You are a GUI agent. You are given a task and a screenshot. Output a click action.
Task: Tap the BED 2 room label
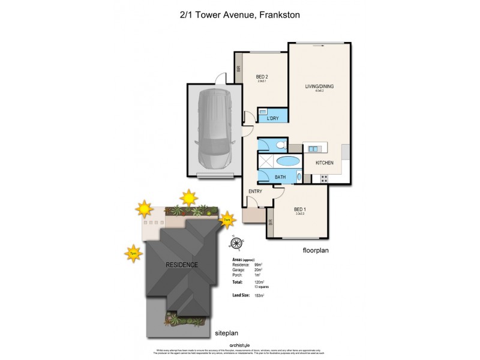pos(262,77)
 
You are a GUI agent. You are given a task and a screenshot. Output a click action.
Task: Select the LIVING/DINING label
pos(319,86)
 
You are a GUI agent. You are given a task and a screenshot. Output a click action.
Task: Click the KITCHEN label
pos(325,163)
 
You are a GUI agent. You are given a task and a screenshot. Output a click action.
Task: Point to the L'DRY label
pos(272,119)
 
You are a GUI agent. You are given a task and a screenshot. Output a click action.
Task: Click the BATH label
pos(280,177)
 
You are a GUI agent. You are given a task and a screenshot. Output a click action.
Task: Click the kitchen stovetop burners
pos(325,178)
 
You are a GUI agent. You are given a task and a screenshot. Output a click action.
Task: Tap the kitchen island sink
pos(314,148)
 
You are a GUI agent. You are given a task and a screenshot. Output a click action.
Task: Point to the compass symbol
pos(236,243)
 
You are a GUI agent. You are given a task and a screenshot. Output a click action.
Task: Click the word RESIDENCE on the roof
pos(182,265)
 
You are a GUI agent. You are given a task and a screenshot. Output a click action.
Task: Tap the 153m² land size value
pos(260,296)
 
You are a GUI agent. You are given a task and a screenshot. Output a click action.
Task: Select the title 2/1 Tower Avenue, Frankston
pos(240,14)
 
